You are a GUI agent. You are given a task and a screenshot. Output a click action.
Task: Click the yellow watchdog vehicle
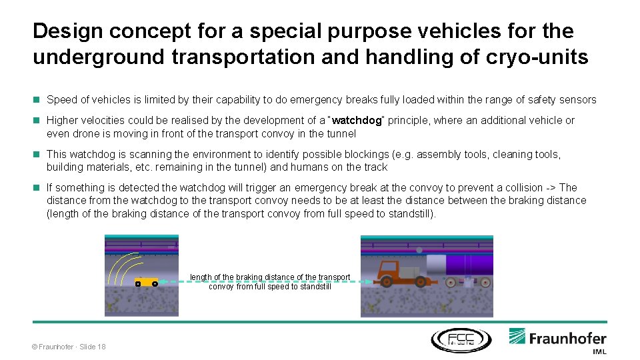146,282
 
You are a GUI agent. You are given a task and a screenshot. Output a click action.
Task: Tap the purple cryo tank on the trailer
471,265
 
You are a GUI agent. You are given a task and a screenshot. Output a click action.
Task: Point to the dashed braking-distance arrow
267,282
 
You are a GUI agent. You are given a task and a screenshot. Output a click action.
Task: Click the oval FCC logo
460,340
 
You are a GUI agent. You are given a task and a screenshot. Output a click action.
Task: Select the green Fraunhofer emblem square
518,337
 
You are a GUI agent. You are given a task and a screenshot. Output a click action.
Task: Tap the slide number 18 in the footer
101,346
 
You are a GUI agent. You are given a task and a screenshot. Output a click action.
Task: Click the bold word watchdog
356,121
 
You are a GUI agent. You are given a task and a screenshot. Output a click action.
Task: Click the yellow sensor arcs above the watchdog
124,270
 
